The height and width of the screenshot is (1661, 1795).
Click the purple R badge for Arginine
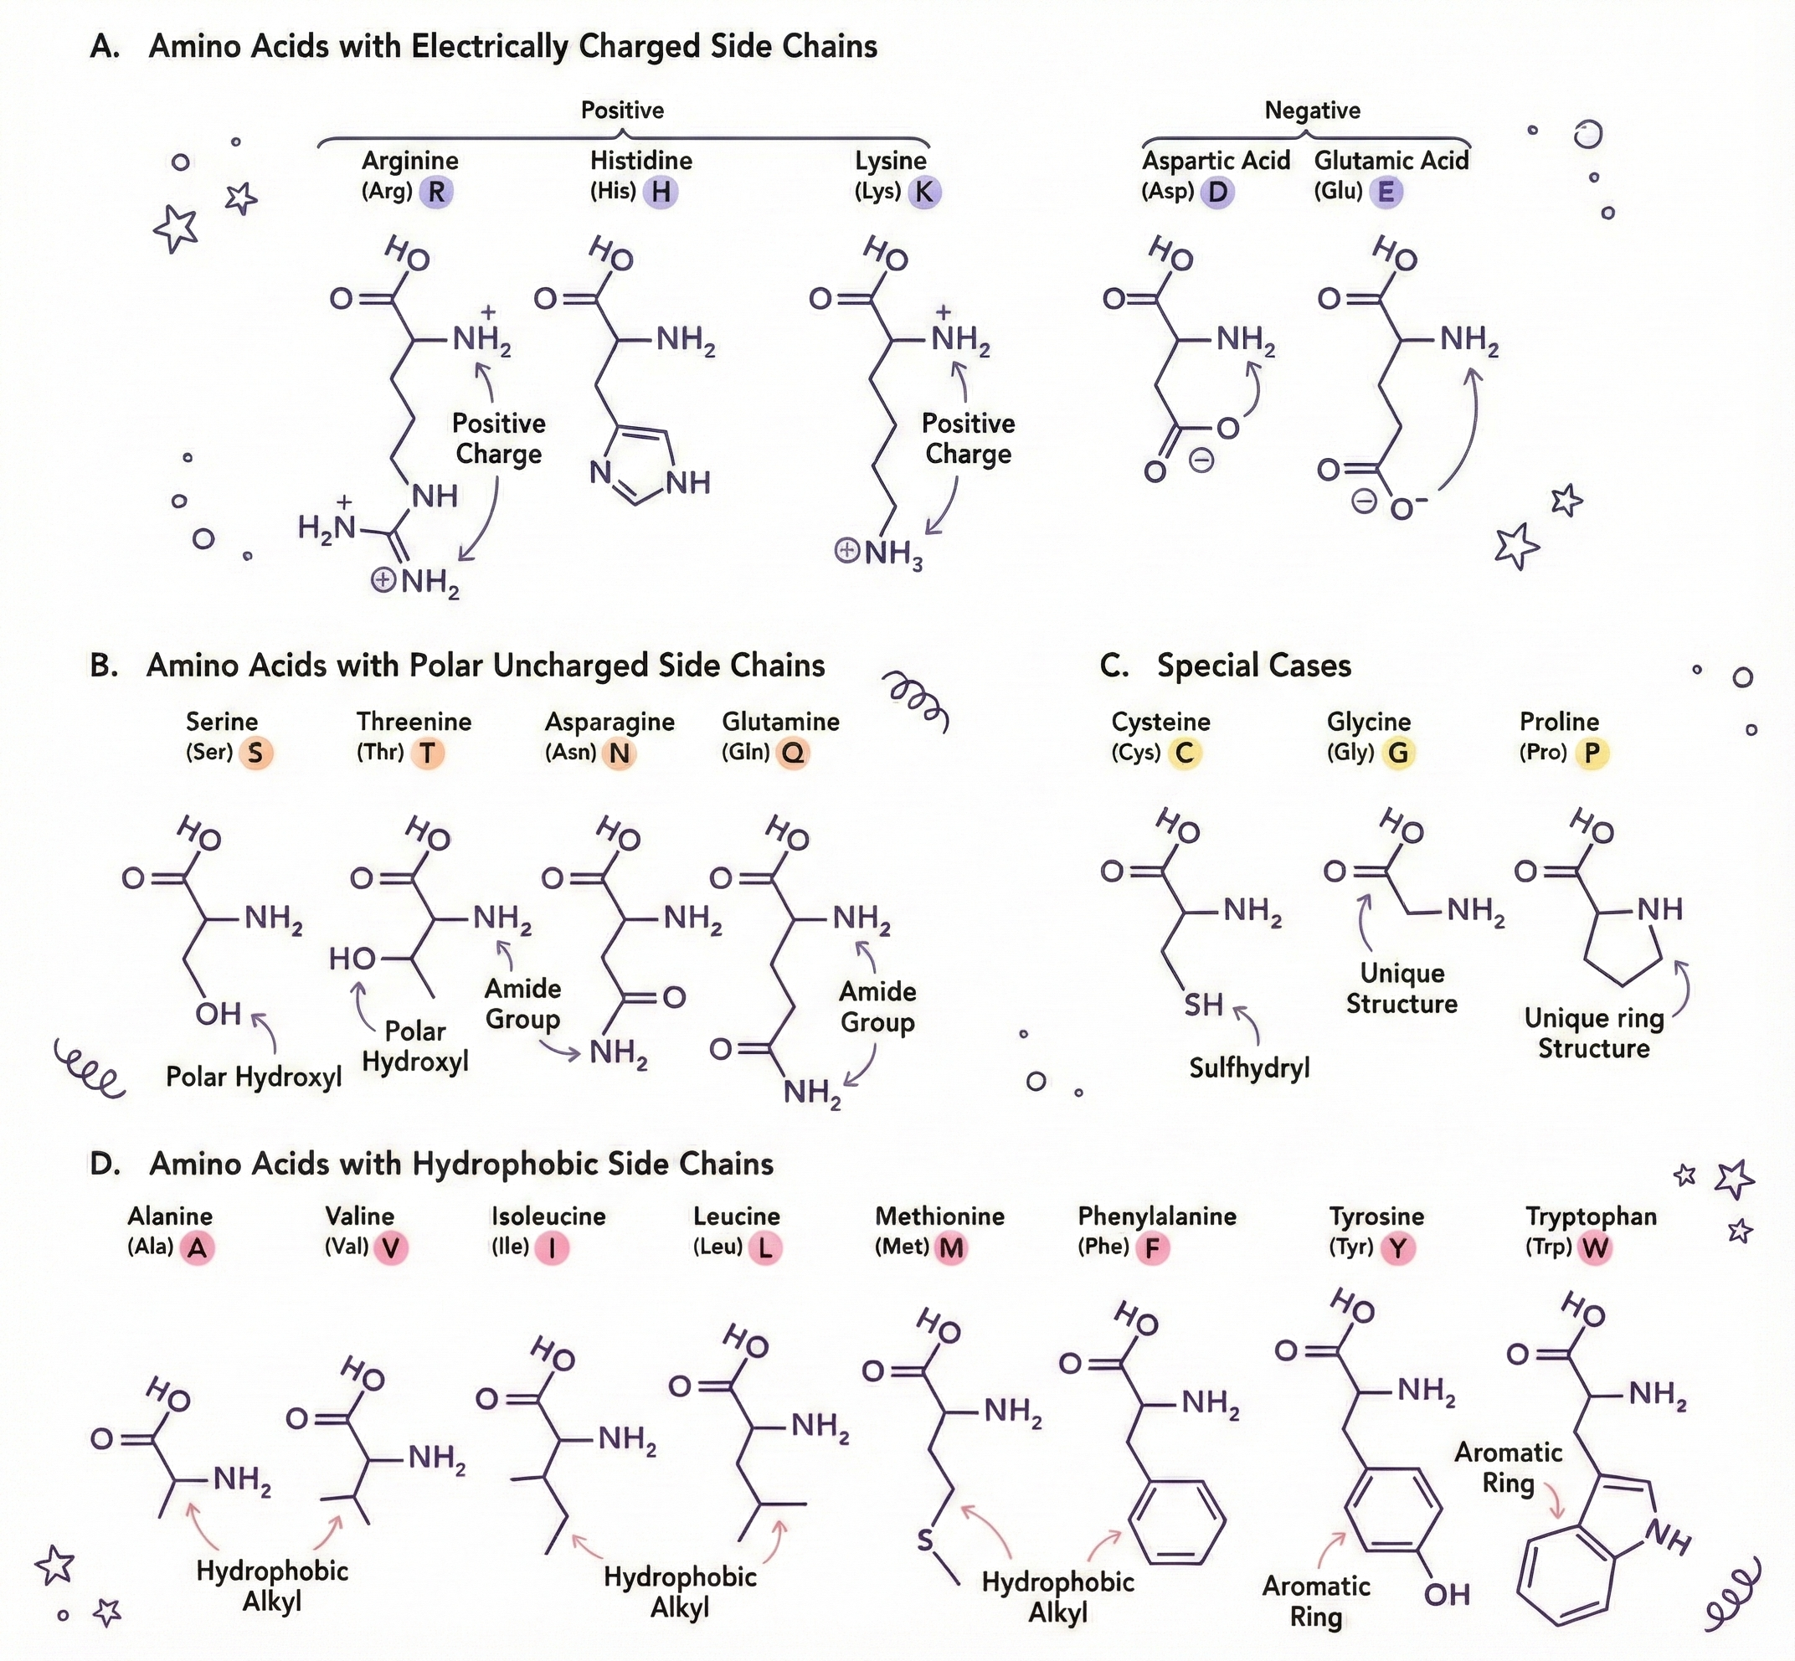pyautogui.click(x=437, y=192)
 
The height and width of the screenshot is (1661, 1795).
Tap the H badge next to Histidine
pyautogui.click(x=661, y=192)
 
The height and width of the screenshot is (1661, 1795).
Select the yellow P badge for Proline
pyautogui.click(x=1592, y=753)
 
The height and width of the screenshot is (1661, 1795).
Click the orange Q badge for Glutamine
pyautogui.click(x=793, y=753)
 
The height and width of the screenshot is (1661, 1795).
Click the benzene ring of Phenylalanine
pyautogui.click(x=1176, y=1520)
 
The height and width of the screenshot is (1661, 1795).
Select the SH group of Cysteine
pyautogui.click(x=1202, y=1005)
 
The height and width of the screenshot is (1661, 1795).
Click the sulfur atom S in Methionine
pyautogui.click(x=926, y=1541)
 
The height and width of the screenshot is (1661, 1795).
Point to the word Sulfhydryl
pyautogui.click(x=1248, y=1067)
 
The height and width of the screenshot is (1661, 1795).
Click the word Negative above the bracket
pyautogui.click(x=1312, y=111)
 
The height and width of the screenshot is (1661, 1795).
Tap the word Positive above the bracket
pyautogui.click(x=622, y=111)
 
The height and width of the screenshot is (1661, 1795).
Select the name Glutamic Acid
pyautogui.click(x=1391, y=161)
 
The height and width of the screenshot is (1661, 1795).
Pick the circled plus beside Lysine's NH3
pyautogui.click(x=846, y=550)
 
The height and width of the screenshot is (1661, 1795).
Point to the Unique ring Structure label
pyautogui.click(x=1594, y=1033)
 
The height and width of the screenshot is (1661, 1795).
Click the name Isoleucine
pyautogui.click(x=548, y=1217)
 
